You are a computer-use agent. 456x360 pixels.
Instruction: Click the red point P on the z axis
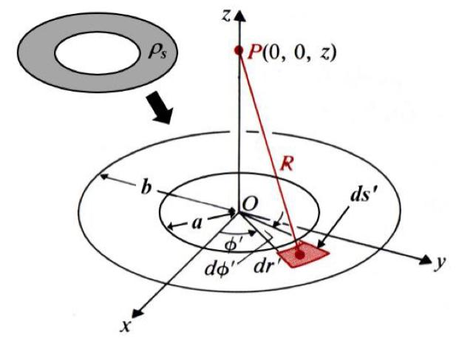238,51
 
